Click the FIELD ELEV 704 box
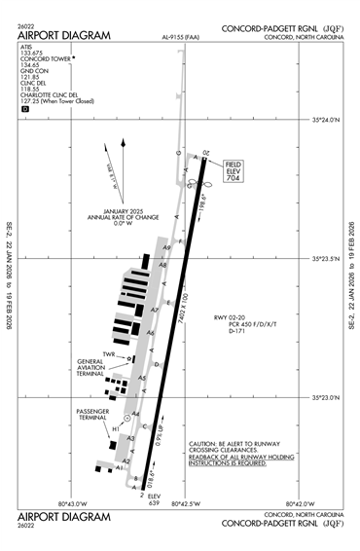pos(234,170)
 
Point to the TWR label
pos(109,354)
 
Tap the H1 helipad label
pos(115,429)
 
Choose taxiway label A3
pos(130,439)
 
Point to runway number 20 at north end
pos(206,154)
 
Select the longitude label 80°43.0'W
pos(73,503)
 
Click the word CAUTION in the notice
pos(205,442)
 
